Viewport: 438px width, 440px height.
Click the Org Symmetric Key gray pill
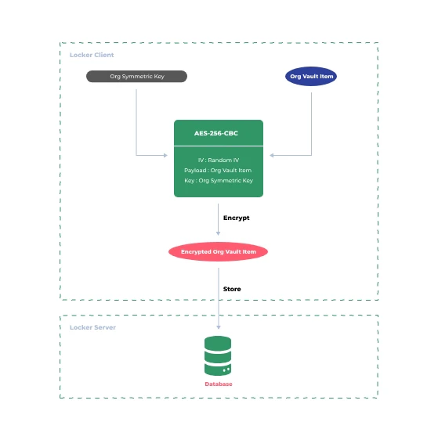coord(136,77)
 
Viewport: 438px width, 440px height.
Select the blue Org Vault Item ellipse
coord(311,77)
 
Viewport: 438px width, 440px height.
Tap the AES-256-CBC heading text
coord(218,133)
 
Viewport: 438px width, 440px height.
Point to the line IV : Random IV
coord(218,160)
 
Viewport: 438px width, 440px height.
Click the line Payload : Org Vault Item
coord(218,170)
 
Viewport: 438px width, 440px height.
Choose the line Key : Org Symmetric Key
coord(218,181)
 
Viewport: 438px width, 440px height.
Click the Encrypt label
coord(236,218)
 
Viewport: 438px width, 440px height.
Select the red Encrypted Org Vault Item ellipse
coord(219,251)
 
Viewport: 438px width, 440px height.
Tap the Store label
coord(232,289)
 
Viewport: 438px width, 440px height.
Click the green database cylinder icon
coord(218,355)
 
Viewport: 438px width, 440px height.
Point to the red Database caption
coord(219,384)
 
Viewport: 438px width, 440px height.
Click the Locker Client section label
coord(92,55)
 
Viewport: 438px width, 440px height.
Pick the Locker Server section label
coord(92,327)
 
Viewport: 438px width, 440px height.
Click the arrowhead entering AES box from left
coord(170,155)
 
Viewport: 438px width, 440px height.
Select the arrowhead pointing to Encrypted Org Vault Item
coord(219,233)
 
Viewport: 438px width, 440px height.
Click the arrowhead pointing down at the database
coord(219,327)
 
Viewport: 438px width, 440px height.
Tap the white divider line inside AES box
coord(218,146)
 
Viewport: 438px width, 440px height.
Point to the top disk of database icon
coord(218,342)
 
